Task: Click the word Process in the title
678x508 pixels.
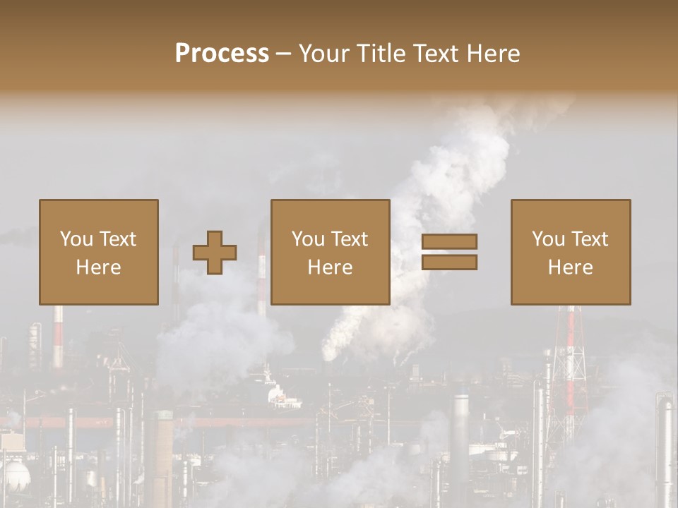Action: pyautogui.click(x=222, y=54)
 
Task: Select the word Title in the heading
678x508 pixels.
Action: pyautogui.click(x=380, y=54)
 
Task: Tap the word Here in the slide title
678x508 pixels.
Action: pyautogui.click(x=490, y=54)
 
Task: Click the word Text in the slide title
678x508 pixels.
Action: pyautogui.click(x=434, y=54)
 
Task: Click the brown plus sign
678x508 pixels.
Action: pyautogui.click(x=215, y=253)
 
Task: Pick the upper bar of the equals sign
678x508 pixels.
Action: pyautogui.click(x=449, y=241)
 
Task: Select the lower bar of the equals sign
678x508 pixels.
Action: pyautogui.click(x=449, y=262)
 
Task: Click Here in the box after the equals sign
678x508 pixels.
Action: pyautogui.click(x=570, y=267)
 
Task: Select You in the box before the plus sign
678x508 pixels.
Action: pyautogui.click(x=76, y=239)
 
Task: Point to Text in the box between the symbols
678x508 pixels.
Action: pyautogui.click(x=350, y=239)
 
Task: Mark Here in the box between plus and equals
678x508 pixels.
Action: pyautogui.click(x=330, y=267)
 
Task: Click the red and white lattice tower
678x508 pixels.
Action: pyautogui.click(x=569, y=360)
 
